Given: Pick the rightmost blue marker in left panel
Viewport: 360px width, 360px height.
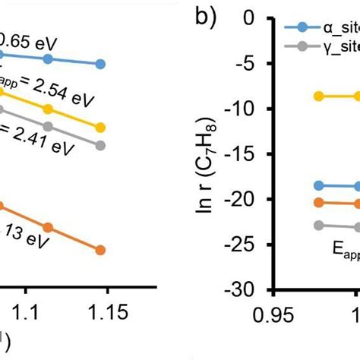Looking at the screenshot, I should point(100,65).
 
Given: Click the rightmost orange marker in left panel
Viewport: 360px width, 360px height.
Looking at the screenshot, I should point(100,250).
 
